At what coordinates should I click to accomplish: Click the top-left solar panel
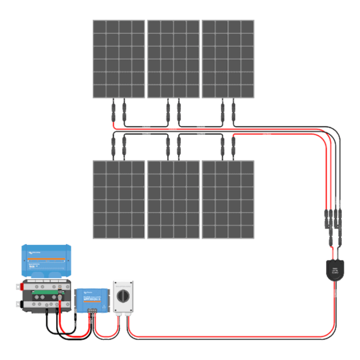pos(118,59)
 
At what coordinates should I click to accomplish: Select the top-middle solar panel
pos(173,59)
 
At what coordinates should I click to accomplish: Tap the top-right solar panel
pos(228,59)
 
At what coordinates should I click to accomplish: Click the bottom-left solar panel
pos(118,200)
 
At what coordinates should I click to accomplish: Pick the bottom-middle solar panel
pos(173,200)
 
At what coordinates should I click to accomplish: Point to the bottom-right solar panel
pos(228,200)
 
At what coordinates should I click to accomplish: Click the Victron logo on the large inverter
pos(34,252)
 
